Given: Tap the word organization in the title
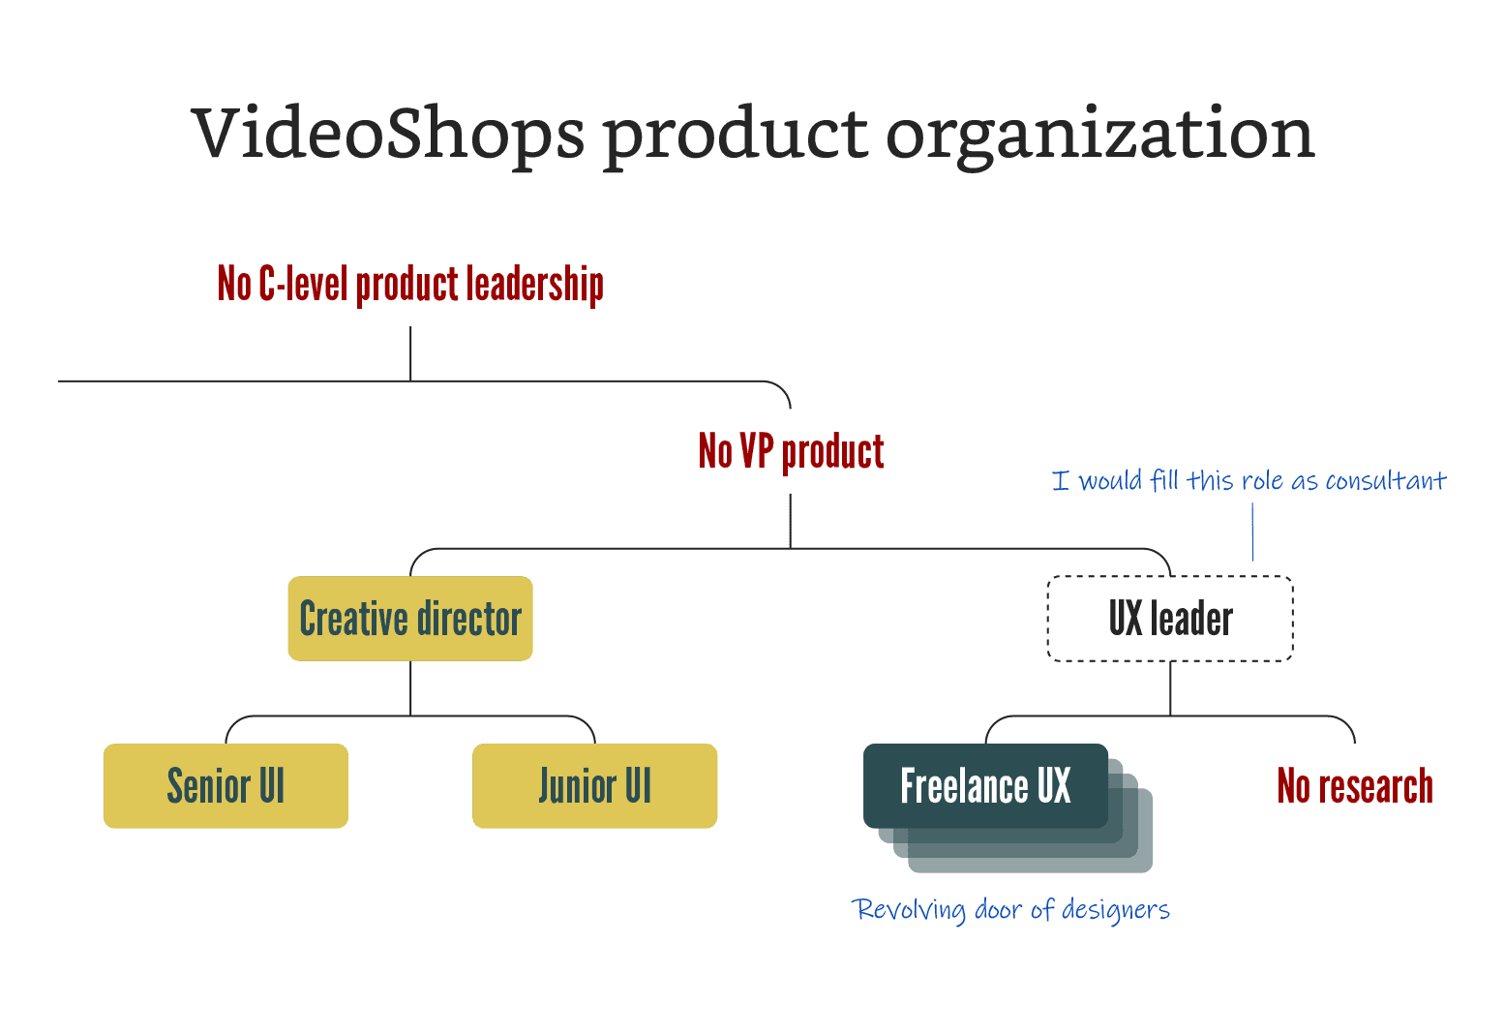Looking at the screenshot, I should point(1099,136).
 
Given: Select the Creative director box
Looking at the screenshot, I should point(410,619).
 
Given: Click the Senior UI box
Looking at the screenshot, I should point(226,785).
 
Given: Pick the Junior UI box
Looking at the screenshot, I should point(594,785).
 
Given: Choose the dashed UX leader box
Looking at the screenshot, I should point(1170,619).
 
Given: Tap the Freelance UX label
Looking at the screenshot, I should point(985,785).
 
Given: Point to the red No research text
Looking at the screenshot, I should point(1354,785).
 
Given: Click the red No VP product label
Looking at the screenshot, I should point(791,451).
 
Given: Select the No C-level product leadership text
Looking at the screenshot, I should point(410,284).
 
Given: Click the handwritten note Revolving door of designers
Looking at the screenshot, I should point(1011,910).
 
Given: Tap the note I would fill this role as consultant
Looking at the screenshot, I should point(1249,481).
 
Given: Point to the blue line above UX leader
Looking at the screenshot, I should point(1252,532).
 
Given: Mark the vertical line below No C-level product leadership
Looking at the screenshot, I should point(410,352).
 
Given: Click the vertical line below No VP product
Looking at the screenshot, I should point(791,520).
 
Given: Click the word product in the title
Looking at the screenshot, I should point(735,136).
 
